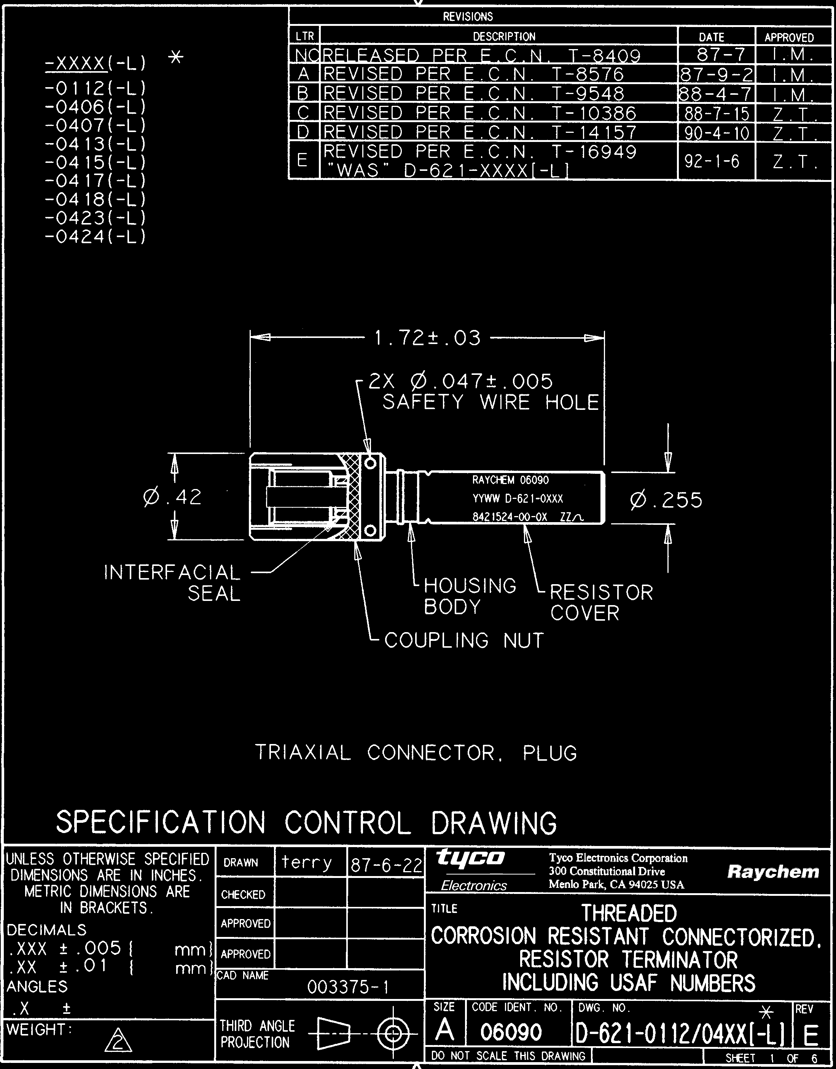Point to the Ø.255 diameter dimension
tap(667, 500)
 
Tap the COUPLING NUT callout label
tap(463, 640)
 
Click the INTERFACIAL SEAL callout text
tap(172, 583)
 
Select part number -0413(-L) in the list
tap(96, 144)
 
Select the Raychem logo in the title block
tap(773, 872)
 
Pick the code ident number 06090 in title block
tap(511, 1032)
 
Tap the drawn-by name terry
tap(307, 863)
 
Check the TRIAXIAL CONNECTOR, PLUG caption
tap(416, 753)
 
